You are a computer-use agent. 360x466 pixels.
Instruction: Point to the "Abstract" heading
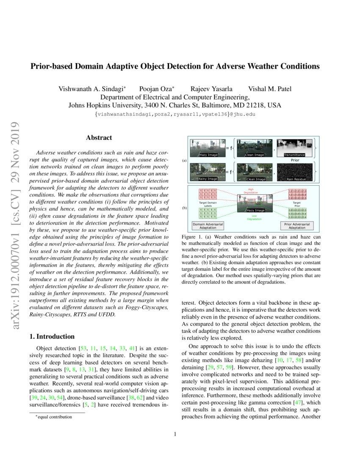point(99,138)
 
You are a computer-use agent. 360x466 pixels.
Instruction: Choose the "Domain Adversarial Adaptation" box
point(208,225)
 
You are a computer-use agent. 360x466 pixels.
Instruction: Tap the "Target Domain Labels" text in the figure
point(208,204)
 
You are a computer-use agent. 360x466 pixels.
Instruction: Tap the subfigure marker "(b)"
point(184,208)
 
